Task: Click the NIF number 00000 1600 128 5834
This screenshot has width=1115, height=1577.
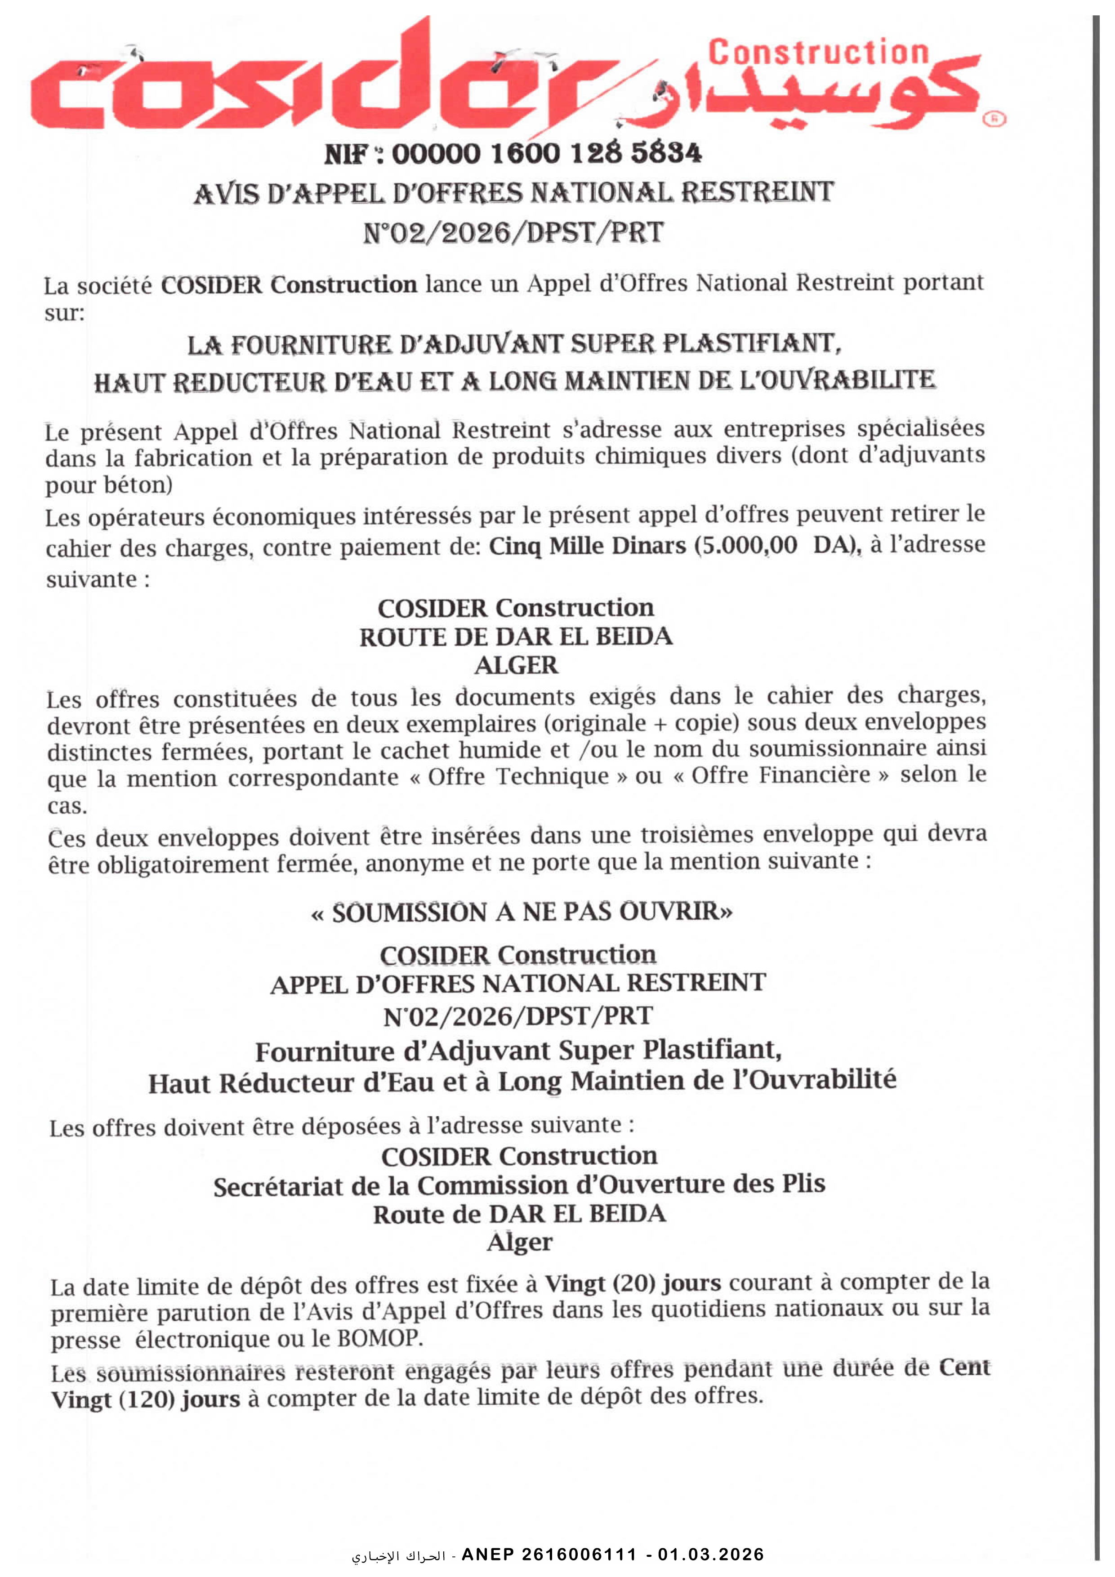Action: (546, 153)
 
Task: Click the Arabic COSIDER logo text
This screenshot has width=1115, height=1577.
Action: (817, 96)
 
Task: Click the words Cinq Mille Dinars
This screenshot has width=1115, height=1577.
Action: (587, 547)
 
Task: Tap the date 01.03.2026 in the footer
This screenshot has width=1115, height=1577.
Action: (711, 1555)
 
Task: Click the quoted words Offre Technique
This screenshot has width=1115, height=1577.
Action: (518, 777)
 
